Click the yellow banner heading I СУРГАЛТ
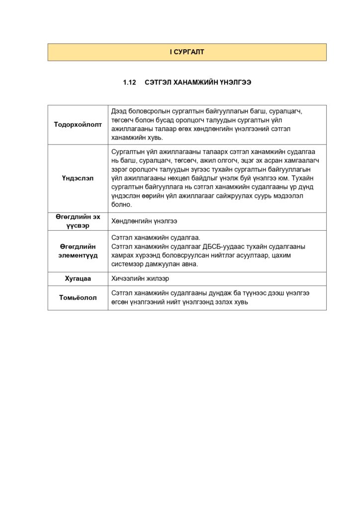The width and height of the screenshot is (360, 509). pyautogui.click(x=186, y=52)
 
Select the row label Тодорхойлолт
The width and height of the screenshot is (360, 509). pyautogui.click(x=78, y=124)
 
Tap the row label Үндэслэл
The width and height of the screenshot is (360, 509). pyautogui.click(x=78, y=178)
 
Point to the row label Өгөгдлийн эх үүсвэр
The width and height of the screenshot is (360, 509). pyautogui.click(x=78, y=221)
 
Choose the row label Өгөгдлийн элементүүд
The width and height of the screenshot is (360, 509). pyautogui.click(x=78, y=251)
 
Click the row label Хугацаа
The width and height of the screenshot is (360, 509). pyautogui.click(x=78, y=279)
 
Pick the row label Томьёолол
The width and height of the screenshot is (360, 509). pyautogui.click(x=78, y=298)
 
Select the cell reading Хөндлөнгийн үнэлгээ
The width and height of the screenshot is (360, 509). pyautogui.click(x=144, y=221)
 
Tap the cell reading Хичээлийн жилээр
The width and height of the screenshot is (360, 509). pyautogui.click(x=140, y=279)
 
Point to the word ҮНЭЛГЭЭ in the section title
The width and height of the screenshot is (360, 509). pyautogui.click(x=235, y=83)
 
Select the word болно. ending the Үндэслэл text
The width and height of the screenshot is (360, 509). pyautogui.click(x=121, y=205)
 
